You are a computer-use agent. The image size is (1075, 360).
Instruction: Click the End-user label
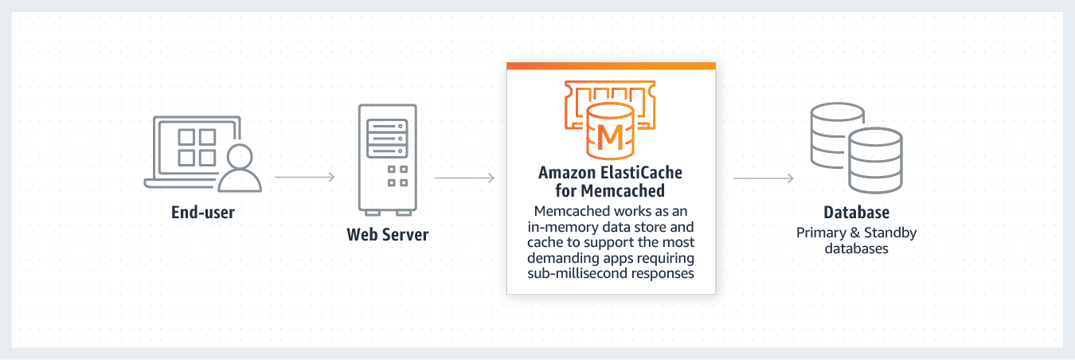[x=203, y=213]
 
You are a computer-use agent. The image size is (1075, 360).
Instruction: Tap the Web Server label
[x=388, y=235]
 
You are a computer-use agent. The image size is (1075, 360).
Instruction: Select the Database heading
[x=856, y=213]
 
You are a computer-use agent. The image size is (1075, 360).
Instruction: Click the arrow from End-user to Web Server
[x=304, y=177]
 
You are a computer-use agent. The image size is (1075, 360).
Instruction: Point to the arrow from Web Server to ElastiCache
[x=464, y=177]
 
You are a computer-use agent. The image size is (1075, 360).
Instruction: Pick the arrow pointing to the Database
[x=763, y=178]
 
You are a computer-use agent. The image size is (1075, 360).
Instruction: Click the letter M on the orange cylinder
[x=610, y=137]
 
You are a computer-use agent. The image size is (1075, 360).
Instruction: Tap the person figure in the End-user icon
[x=239, y=168]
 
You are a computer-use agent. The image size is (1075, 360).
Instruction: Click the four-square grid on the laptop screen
[x=197, y=147]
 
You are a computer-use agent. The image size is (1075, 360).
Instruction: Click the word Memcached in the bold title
[x=625, y=191]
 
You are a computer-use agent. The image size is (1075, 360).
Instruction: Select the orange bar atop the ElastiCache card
[x=611, y=65]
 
